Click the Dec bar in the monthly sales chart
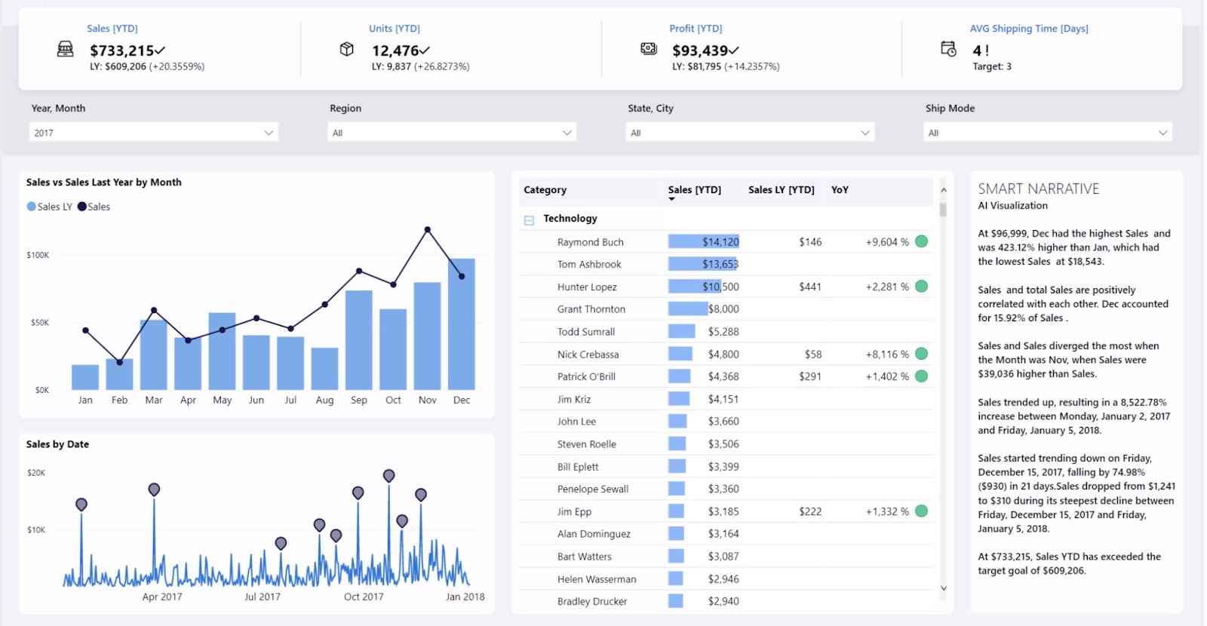462,324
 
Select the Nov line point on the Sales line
428,229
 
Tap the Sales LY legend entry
49,207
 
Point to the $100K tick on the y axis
38,255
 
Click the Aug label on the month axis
324,400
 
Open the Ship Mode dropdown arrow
1162,133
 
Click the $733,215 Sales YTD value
122,51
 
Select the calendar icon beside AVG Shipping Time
948,49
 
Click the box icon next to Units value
346,49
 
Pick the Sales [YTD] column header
694,190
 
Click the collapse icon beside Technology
529,220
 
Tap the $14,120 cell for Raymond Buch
720,242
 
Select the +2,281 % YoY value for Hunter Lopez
887,287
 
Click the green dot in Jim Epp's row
921,511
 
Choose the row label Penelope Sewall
592,489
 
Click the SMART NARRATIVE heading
1038,189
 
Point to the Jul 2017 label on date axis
262,597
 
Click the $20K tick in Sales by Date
36,473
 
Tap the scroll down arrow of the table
943,588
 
